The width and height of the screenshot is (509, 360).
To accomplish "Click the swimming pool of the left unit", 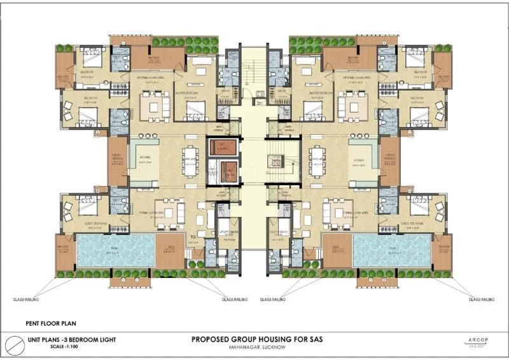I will point(115,250).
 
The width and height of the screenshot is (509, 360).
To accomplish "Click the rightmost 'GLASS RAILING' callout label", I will point(482,298).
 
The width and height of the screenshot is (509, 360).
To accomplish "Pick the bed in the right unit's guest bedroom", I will point(420,207).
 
